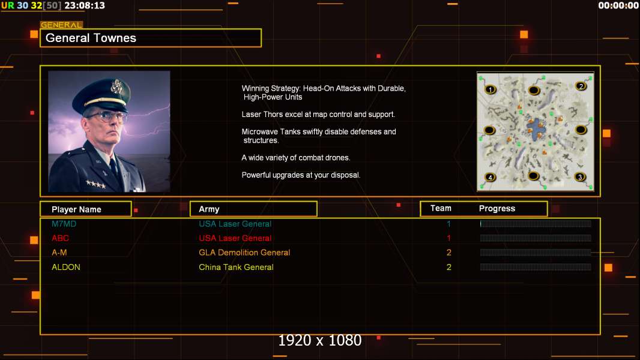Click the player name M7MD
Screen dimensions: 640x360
click(x=64, y=224)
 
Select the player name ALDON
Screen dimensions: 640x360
click(x=65, y=267)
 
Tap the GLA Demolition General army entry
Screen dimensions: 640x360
click(x=244, y=253)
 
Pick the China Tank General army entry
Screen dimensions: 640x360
click(x=236, y=267)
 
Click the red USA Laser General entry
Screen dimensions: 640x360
click(x=235, y=238)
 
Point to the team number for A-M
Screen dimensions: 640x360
click(x=448, y=253)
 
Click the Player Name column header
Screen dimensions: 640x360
click(x=76, y=209)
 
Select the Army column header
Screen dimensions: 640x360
click(x=209, y=209)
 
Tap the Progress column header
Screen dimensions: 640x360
click(x=497, y=208)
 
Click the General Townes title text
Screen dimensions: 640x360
click(x=91, y=38)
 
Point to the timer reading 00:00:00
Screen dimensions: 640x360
click(x=618, y=5)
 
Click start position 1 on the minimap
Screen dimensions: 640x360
click(x=490, y=89)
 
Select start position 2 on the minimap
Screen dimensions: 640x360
click(x=581, y=86)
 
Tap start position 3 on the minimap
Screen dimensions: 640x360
click(x=579, y=177)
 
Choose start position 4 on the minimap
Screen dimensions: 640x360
click(x=490, y=177)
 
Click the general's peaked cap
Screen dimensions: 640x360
click(x=101, y=95)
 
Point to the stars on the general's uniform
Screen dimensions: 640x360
click(x=96, y=184)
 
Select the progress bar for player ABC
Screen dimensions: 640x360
click(x=535, y=238)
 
